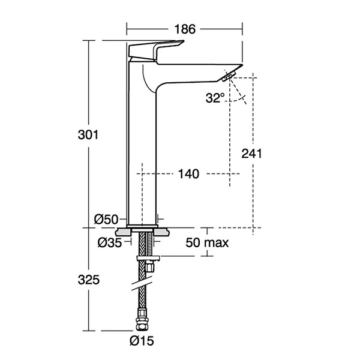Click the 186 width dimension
coord(184,28)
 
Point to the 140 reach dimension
coord(188,174)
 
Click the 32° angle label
coord(214,98)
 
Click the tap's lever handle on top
coord(155,49)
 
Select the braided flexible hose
coord(142,288)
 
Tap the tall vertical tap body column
coord(142,150)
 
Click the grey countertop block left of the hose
coord(124,232)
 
